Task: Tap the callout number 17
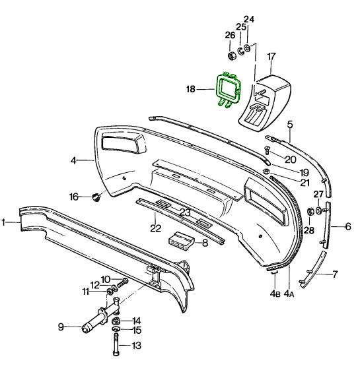pos(271,57)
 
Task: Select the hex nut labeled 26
pos(232,56)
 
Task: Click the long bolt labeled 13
pos(116,344)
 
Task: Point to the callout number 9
pos(61,327)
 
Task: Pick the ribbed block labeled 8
pos(181,240)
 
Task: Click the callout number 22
pos(156,228)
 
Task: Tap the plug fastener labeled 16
pos(96,197)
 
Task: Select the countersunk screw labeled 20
pos(267,150)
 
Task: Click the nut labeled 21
pos(267,171)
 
